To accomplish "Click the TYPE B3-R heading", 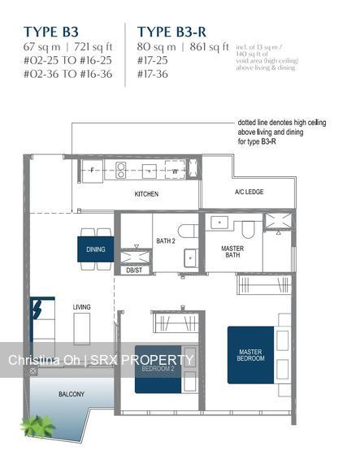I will pos(169,32).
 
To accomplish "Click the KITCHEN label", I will pos(146,194).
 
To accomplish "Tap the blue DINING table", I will pos(96,249).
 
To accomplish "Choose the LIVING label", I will pos(82,307).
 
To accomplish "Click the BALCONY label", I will pos(71,394).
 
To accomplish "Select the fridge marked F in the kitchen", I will pos(92,171).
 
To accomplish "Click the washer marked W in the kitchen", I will pos(175,171).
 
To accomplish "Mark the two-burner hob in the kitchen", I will pos(121,171).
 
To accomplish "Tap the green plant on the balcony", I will pos(38,424).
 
